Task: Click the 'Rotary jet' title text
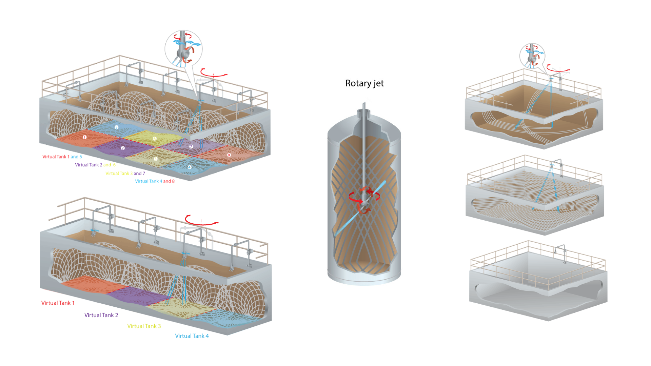click(x=364, y=83)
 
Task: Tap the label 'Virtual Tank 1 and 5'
click(x=62, y=157)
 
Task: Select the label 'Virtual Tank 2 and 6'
click(x=95, y=165)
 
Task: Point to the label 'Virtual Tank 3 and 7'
click(x=125, y=173)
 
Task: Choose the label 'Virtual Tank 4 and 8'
click(x=155, y=181)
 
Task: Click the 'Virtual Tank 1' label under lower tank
click(x=58, y=303)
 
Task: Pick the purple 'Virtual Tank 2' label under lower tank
click(x=101, y=315)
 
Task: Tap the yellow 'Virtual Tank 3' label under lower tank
click(x=144, y=326)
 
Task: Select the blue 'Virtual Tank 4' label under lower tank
click(x=192, y=336)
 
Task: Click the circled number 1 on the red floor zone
click(x=85, y=137)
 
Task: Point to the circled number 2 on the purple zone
click(x=123, y=148)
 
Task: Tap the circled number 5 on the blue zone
click(x=116, y=127)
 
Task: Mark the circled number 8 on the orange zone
click(x=229, y=155)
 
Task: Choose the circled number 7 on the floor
click(x=191, y=146)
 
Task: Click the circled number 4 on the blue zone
click(x=190, y=167)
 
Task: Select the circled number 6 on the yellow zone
click(x=155, y=139)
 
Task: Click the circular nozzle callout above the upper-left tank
click(x=183, y=49)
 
